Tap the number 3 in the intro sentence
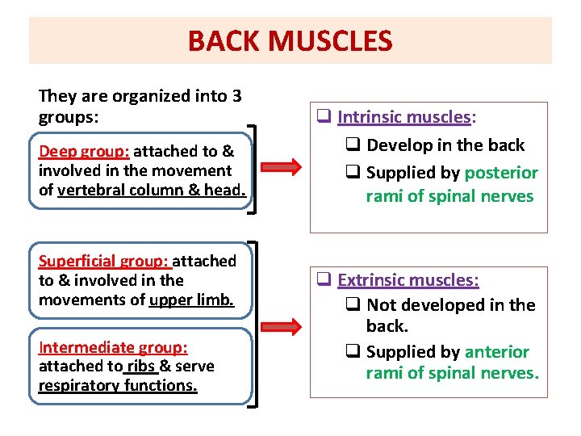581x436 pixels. (x=236, y=96)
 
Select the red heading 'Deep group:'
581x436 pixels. (x=85, y=151)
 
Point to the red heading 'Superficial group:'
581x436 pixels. (x=104, y=261)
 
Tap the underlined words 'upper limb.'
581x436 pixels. (x=191, y=300)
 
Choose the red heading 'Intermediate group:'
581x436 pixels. (x=113, y=347)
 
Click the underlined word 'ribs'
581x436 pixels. (x=140, y=366)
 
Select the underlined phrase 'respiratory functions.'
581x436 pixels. (x=118, y=385)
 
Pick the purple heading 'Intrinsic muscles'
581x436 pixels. (x=403, y=117)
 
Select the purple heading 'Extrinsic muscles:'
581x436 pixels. (x=408, y=280)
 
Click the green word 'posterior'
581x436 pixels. (x=501, y=173)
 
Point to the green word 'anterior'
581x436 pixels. (x=496, y=352)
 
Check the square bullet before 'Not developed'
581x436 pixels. (x=353, y=305)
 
